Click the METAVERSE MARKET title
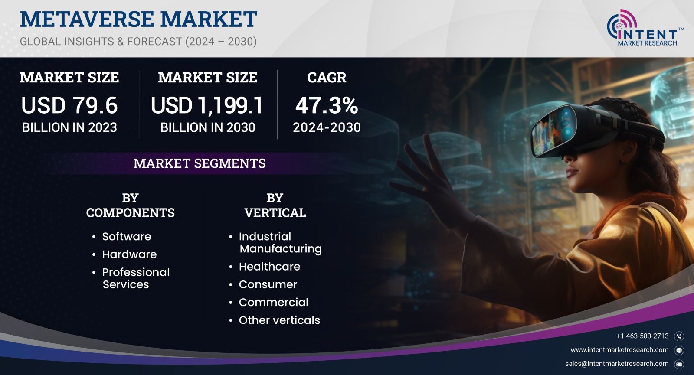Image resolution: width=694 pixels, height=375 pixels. point(138,19)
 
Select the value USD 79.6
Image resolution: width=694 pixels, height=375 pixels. point(69,105)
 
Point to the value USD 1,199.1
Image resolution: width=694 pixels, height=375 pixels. point(207,105)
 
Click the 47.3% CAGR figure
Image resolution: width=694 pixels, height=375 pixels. point(327,105)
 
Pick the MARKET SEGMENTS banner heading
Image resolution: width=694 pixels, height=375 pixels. point(200,163)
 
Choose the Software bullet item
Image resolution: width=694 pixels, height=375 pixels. point(126,237)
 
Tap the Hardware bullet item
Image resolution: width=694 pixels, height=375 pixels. point(129,254)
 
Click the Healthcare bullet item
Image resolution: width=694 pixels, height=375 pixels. point(269,267)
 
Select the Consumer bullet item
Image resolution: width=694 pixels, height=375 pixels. point(268,284)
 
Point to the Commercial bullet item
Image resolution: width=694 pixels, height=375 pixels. point(273,303)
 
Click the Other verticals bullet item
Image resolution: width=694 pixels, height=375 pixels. point(279,320)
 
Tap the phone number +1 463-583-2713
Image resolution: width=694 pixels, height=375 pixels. point(642,336)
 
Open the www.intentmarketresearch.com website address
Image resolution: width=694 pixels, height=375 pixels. point(620,349)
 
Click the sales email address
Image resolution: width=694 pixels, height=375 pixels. point(617,364)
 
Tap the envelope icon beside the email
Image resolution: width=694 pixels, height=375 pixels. point(679,365)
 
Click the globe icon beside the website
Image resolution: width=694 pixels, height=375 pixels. point(679,350)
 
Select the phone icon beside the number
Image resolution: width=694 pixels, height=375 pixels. point(679,336)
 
